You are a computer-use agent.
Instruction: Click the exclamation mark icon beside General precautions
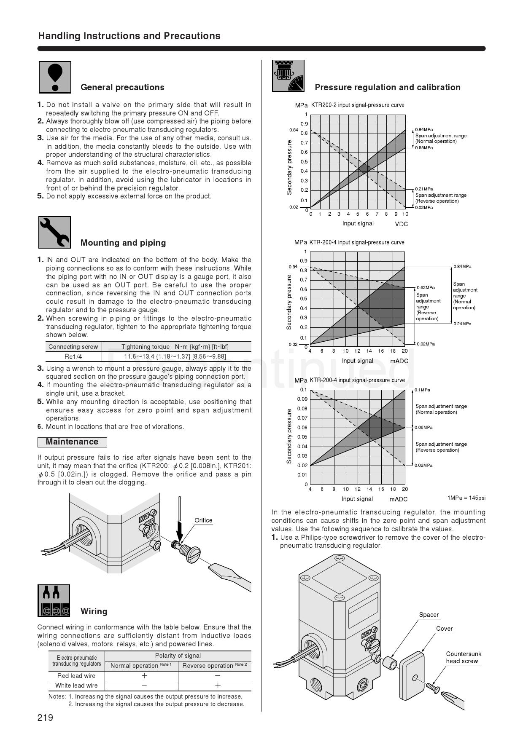[x=55, y=77]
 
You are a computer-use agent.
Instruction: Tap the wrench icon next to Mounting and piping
[x=54, y=232]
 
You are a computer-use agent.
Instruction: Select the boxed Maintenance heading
[x=72, y=442]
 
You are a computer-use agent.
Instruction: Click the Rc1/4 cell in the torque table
[x=73, y=356]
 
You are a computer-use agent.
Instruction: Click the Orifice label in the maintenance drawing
[x=203, y=520]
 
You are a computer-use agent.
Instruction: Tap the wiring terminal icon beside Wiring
[x=54, y=600]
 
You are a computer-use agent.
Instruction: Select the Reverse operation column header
[x=214, y=666]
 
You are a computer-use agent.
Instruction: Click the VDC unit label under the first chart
[x=402, y=224]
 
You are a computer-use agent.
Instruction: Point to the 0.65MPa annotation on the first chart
[x=424, y=148]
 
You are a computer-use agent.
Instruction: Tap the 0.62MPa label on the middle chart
[x=426, y=288]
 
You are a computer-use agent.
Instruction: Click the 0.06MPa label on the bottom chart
[x=423, y=428]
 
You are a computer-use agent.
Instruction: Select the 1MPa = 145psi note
[x=466, y=498]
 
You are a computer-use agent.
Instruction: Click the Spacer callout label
[x=429, y=615]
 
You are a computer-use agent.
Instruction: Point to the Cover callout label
[x=444, y=629]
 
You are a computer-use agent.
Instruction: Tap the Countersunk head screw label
[x=464, y=657]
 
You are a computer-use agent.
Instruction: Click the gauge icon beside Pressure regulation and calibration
[x=288, y=76]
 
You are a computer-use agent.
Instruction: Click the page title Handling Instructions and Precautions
[x=129, y=36]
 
